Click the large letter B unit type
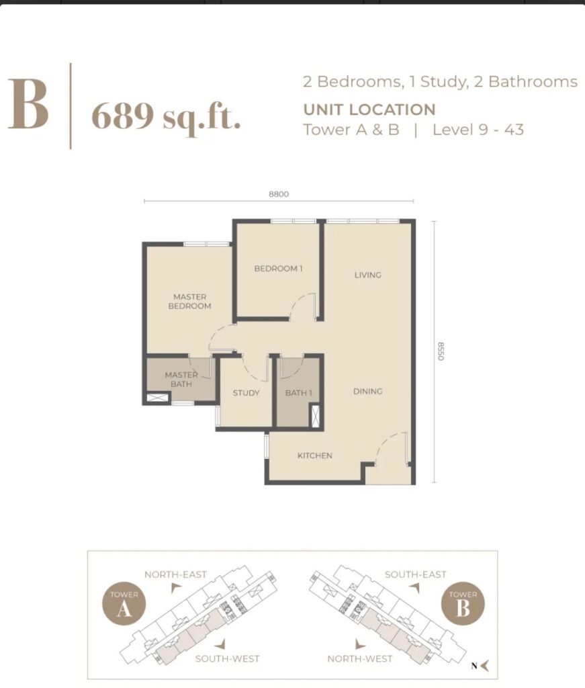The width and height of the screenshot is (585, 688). pyautogui.click(x=28, y=104)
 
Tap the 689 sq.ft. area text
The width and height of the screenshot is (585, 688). pyautogui.click(x=166, y=117)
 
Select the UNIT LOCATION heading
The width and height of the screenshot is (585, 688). pyautogui.click(x=369, y=110)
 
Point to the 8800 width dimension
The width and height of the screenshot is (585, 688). pyautogui.click(x=279, y=194)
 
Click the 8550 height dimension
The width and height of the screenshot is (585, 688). pyautogui.click(x=441, y=351)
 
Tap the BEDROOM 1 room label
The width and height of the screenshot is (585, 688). pyautogui.click(x=279, y=269)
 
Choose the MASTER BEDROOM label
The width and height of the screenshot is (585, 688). pyautogui.click(x=190, y=302)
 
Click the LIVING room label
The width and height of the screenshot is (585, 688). pyautogui.click(x=368, y=275)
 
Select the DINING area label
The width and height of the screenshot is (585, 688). pyautogui.click(x=368, y=392)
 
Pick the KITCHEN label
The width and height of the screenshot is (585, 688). pyautogui.click(x=315, y=456)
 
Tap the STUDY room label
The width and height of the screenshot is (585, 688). pyautogui.click(x=246, y=393)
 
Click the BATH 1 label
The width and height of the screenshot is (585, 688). pyautogui.click(x=299, y=392)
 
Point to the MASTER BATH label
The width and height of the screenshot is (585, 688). pyautogui.click(x=181, y=380)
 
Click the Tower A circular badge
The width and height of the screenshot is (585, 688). pyautogui.click(x=124, y=604)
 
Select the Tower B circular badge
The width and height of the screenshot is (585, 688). pyautogui.click(x=463, y=604)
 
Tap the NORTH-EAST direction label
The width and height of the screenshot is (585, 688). pyautogui.click(x=175, y=575)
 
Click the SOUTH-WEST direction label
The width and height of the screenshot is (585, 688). pyautogui.click(x=227, y=659)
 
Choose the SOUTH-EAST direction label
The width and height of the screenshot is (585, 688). pyautogui.click(x=415, y=575)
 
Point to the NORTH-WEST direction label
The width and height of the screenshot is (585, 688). pyautogui.click(x=359, y=659)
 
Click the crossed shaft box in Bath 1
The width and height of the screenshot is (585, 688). pyautogui.click(x=315, y=415)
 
